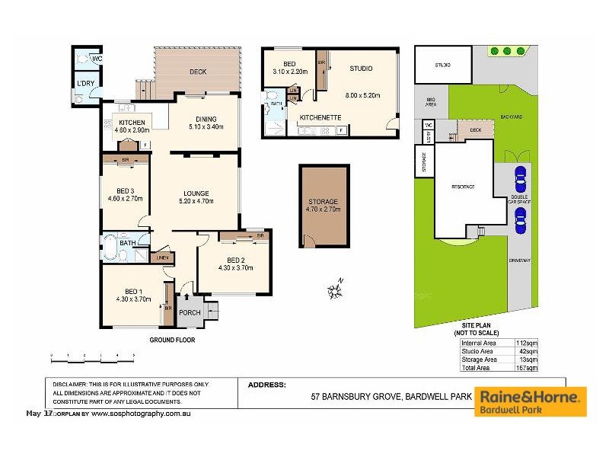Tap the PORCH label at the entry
click(x=189, y=313)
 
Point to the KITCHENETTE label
click(x=320, y=118)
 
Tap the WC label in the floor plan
click(x=96, y=59)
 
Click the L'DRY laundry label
click(x=85, y=84)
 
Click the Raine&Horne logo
click(x=531, y=401)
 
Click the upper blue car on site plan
click(x=520, y=181)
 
